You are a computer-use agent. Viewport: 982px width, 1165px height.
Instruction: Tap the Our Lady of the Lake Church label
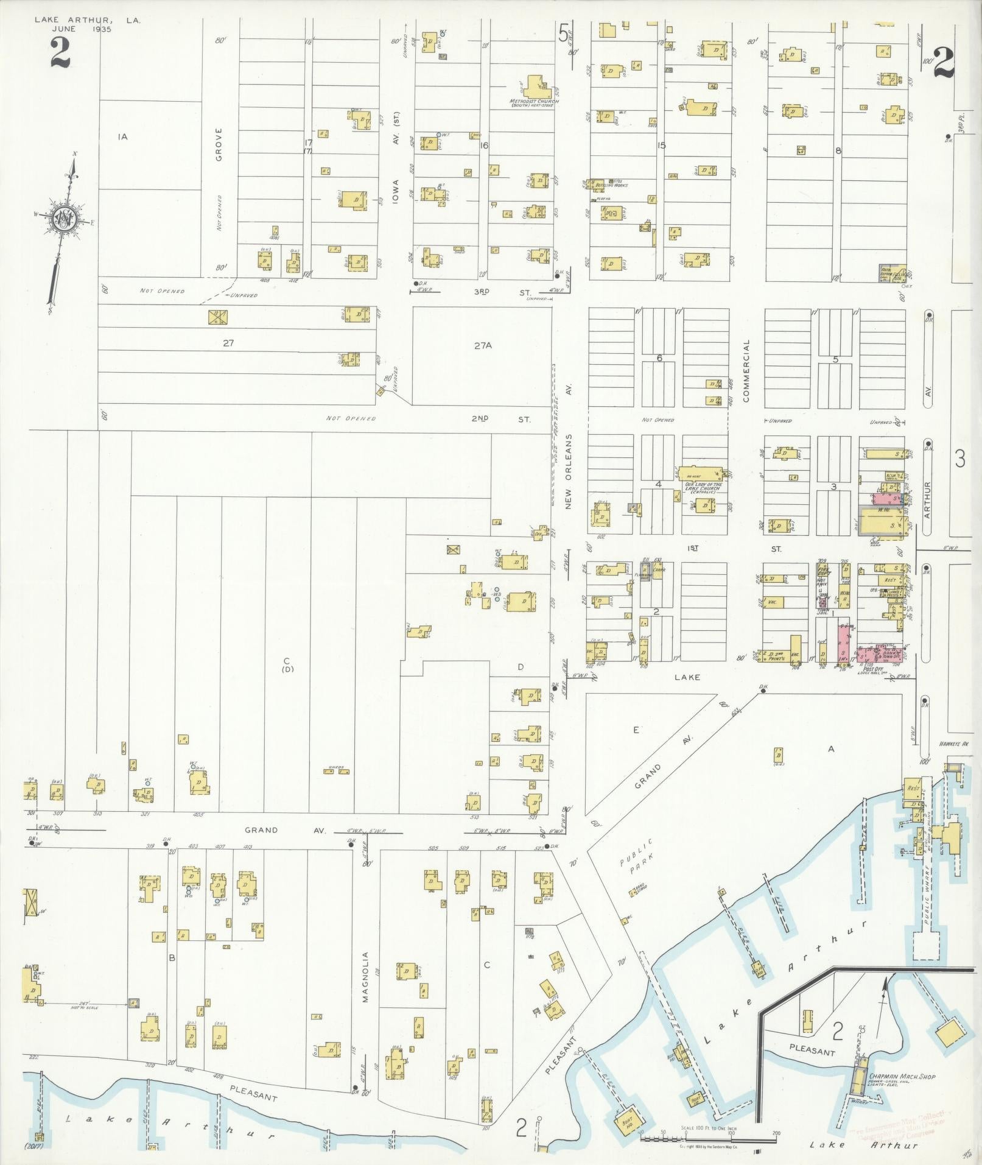(x=702, y=487)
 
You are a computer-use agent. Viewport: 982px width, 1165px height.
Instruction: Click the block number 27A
(x=482, y=346)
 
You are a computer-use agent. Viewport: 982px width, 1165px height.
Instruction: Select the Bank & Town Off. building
(x=888, y=654)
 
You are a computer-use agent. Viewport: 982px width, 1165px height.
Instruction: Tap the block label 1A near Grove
(x=122, y=137)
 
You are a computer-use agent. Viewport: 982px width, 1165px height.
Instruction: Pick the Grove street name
(x=219, y=144)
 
